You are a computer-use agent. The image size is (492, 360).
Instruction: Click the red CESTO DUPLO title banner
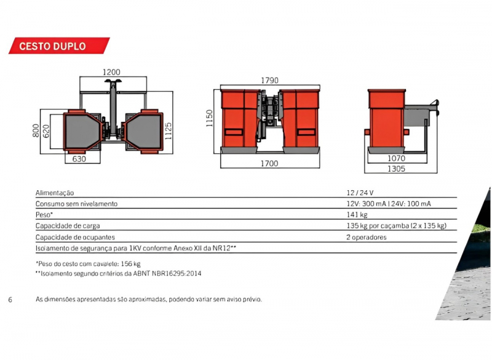(59, 46)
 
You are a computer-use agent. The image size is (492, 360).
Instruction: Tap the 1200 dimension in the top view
(111, 72)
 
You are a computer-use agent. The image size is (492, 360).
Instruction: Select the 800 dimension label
(36, 130)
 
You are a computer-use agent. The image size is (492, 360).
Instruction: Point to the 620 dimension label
(46, 131)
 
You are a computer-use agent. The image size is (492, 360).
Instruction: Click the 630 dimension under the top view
(79, 159)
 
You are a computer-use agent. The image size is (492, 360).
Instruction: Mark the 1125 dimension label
(169, 131)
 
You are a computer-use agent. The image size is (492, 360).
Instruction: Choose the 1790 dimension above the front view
(269, 81)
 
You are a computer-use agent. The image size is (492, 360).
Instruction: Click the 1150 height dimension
(209, 118)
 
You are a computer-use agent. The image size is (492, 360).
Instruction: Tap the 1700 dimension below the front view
(269, 164)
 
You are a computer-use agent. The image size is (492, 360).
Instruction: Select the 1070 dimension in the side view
(396, 158)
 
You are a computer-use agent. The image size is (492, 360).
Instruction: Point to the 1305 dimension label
(396, 169)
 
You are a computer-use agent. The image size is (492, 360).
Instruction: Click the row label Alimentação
(55, 193)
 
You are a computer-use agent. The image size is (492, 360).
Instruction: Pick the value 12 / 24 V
(360, 193)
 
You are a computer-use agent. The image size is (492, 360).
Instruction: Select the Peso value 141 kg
(357, 215)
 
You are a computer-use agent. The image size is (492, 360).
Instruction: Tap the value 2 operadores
(366, 238)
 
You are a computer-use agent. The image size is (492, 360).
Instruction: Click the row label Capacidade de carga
(68, 226)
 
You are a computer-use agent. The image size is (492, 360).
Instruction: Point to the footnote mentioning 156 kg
(88, 263)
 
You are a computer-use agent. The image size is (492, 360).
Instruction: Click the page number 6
(10, 300)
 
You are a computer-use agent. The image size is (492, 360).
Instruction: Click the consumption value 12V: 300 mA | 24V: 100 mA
(389, 204)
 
